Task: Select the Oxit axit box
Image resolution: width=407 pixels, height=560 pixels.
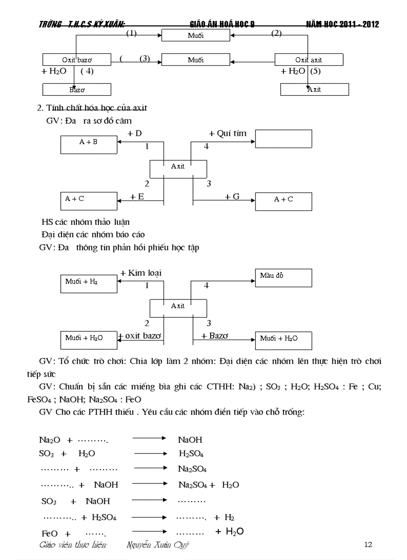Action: (x=309, y=60)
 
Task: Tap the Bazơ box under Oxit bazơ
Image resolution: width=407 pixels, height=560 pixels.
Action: (x=76, y=90)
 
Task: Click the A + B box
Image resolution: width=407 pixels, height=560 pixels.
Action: (x=89, y=145)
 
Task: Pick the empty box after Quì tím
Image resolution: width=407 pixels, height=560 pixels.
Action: (x=283, y=139)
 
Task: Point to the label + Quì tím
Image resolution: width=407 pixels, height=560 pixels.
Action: (x=227, y=134)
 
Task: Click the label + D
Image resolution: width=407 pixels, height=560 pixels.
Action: (x=135, y=134)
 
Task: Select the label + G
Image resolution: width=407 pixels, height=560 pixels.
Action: (x=232, y=197)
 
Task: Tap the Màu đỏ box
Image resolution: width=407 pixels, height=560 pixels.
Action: (x=283, y=278)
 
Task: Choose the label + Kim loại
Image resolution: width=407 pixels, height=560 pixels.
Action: (x=141, y=273)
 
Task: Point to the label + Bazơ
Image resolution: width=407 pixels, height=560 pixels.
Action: (x=214, y=336)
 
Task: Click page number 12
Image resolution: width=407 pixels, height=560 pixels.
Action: (x=368, y=545)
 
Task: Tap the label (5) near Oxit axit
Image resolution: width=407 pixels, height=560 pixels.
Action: (x=315, y=71)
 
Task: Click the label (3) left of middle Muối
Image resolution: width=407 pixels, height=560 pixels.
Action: (x=145, y=58)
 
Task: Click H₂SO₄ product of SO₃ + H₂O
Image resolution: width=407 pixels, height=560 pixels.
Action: (x=191, y=454)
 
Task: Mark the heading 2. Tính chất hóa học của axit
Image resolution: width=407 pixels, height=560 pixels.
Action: (x=92, y=108)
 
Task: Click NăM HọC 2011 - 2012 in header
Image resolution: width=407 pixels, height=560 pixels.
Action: (x=342, y=24)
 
